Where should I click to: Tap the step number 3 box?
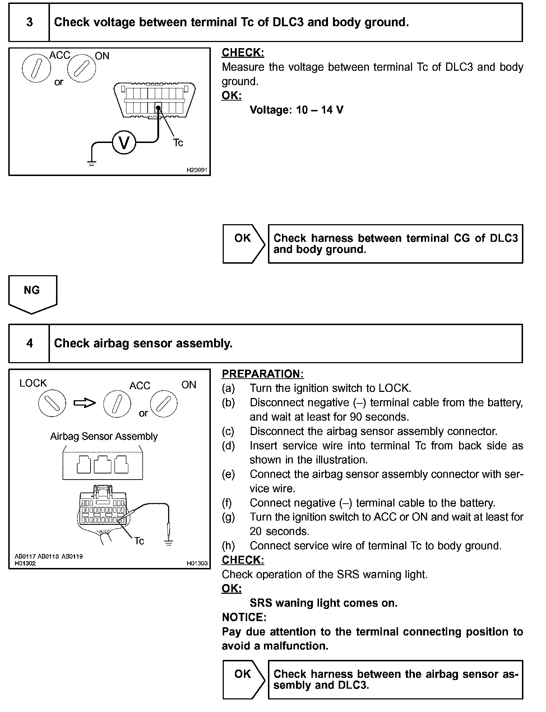(x=29, y=22)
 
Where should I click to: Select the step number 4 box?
(x=29, y=343)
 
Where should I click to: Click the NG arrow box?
(x=32, y=293)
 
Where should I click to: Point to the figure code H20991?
(x=197, y=170)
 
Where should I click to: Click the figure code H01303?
(x=197, y=563)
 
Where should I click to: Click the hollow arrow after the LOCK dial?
(x=85, y=403)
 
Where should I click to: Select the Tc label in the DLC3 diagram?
(x=178, y=143)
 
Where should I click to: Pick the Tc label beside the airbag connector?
(x=139, y=541)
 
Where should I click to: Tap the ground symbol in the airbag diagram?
(x=168, y=542)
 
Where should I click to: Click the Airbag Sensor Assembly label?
(x=104, y=436)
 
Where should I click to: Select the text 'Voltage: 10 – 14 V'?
(x=296, y=110)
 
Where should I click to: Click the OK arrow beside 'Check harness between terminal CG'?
(x=244, y=244)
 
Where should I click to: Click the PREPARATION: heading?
(x=263, y=374)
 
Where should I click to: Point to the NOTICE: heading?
(x=244, y=617)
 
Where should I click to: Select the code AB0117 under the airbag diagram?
(x=25, y=556)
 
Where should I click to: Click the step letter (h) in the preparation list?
(x=228, y=546)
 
